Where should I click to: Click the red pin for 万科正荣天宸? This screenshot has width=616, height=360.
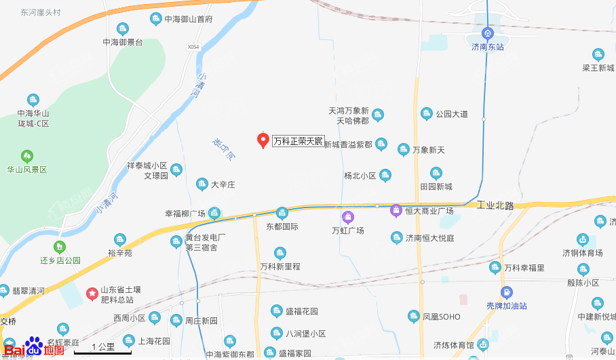pos(263,140)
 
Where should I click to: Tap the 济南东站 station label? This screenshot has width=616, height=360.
pos(488,47)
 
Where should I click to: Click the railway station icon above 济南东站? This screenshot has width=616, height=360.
pos(487,33)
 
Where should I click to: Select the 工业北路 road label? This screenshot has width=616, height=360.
pos(497,205)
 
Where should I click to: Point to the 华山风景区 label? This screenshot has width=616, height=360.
pos(27,169)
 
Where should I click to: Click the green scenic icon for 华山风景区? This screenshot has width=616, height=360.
pos(27,156)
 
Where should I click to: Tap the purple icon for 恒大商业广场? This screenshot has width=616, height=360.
pos(396,211)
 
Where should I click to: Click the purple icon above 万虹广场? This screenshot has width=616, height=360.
pos(348,217)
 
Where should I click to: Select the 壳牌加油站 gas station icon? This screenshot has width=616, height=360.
pos(505,292)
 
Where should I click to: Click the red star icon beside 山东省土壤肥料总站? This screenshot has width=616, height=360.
pos(92,292)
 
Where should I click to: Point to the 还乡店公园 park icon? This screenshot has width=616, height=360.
pos(60,247)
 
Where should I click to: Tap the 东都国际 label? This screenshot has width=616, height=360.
pos(282,226)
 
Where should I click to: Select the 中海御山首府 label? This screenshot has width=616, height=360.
pos(189,20)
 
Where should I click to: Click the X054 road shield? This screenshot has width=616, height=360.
pos(193,47)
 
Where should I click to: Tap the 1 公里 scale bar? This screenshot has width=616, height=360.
pos(102,349)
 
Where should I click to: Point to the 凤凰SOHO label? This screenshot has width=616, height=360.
pos(441,317)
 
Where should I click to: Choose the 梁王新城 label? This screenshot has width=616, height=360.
pos(598,68)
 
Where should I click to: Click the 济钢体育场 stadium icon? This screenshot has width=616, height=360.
pos(582,239)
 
